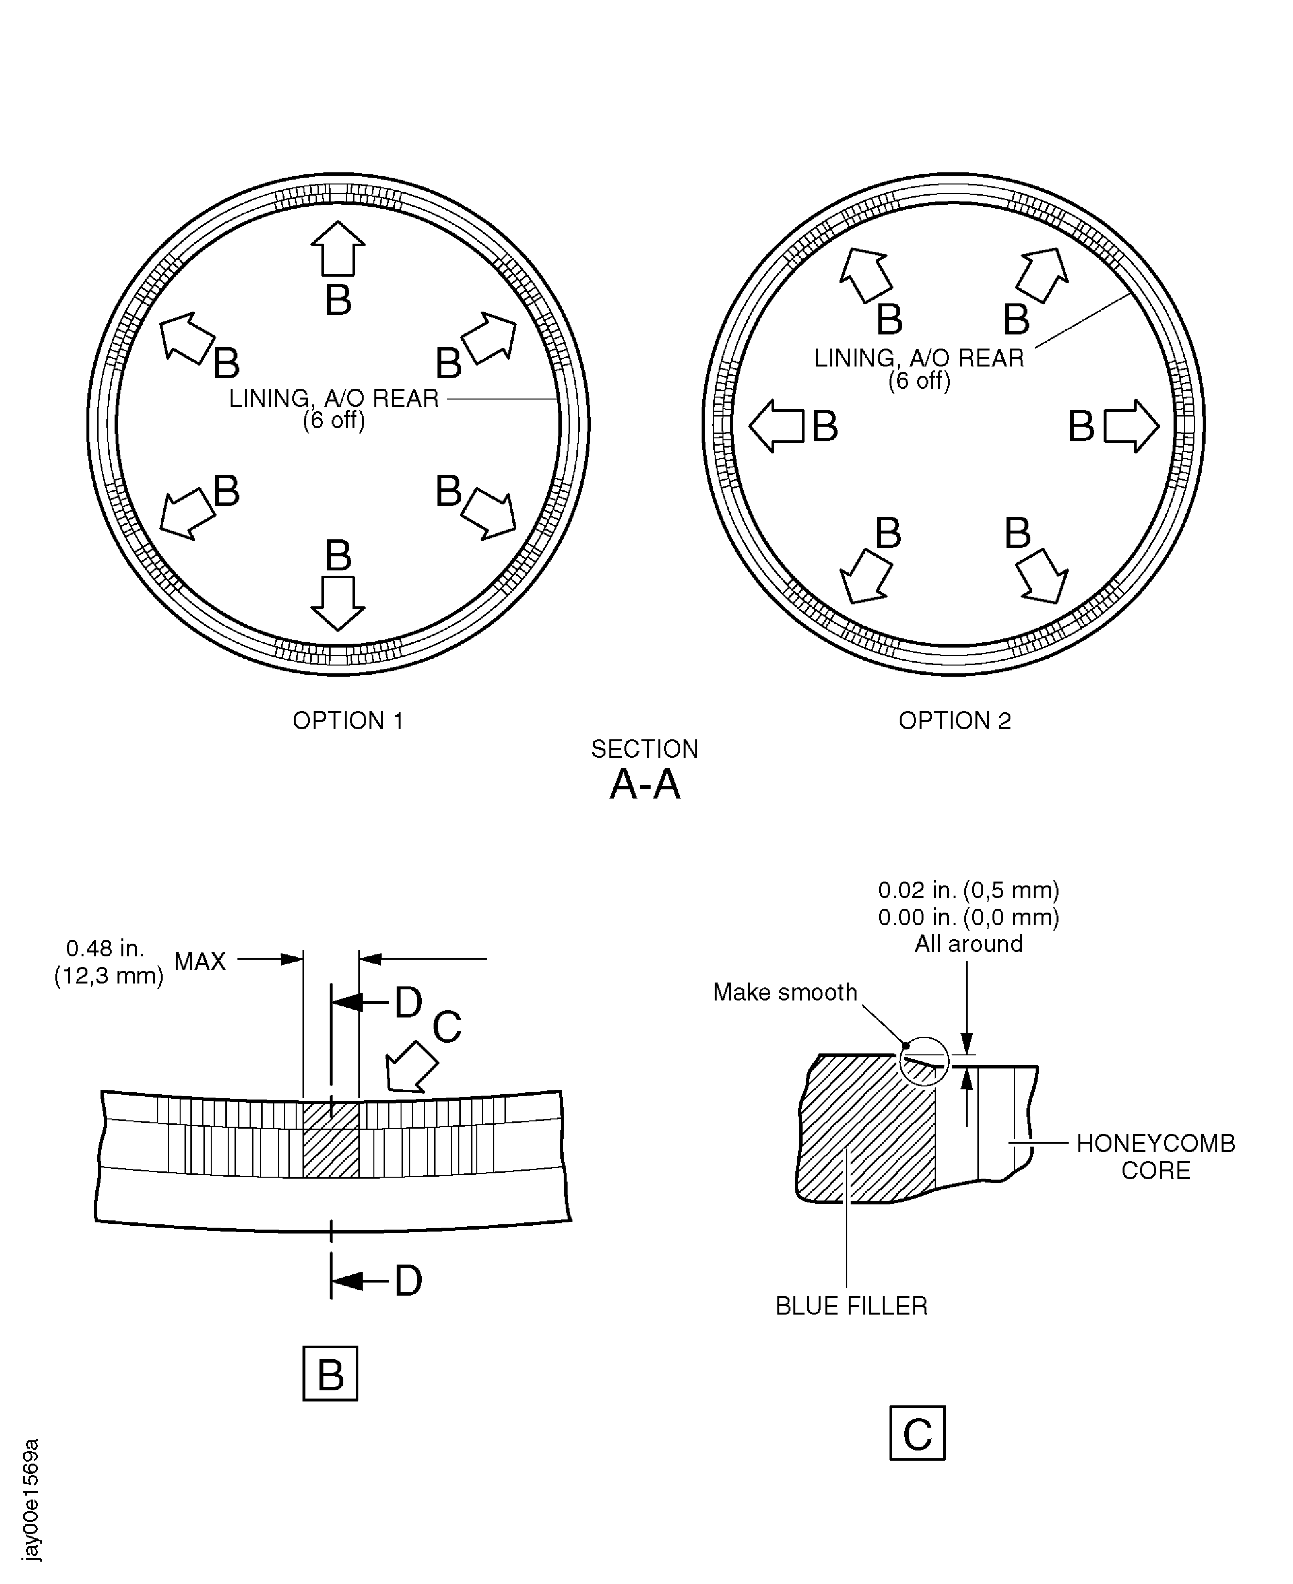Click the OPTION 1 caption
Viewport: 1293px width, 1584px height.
point(348,721)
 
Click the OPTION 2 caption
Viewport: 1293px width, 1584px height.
point(955,721)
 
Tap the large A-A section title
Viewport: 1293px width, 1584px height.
point(645,784)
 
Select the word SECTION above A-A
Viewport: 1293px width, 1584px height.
point(645,749)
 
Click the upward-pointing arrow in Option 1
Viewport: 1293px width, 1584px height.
point(338,249)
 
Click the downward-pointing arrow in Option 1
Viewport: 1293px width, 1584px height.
point(338,603)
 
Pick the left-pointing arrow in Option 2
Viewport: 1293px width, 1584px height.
point(776,426)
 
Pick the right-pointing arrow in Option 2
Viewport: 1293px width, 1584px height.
point(1131,426)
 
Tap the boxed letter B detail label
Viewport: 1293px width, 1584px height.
point(331,1374)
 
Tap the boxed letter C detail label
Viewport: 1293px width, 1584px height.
point(918,1433)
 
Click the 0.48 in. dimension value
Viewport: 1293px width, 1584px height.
point(105,949)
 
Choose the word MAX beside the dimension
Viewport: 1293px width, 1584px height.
point(200,962)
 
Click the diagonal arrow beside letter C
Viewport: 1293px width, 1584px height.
point(411,1067)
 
